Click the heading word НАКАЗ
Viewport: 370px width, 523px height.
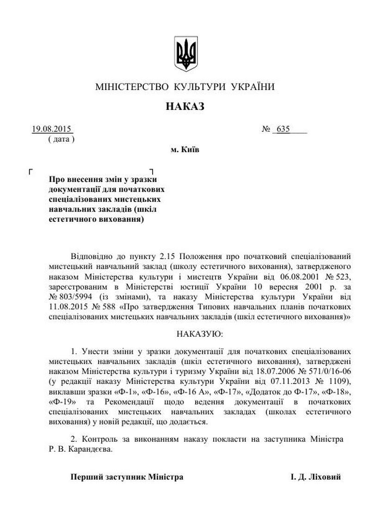coord(185,107)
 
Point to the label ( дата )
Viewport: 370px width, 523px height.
coord(61,139)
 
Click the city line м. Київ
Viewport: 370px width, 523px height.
coord(185,150)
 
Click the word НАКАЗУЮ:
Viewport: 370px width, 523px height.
coord(199,333)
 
